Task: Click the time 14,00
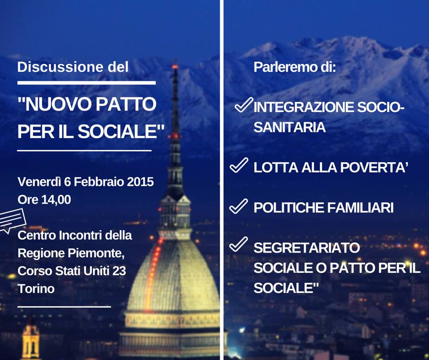pyautogui.click(x=56, y=200)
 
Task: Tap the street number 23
pyautogui.click(x=119, y=271)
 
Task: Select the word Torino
pyautogui.click(x=36, y=289)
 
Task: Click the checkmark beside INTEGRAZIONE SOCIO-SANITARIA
pyautogui.click(x=244, y=105)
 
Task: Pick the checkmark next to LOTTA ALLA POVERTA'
pyautogui.click(x=239, y=165)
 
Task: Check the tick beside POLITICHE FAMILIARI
pyautogui.click(x=239, y=206)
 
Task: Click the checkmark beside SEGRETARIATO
pyautogui.click(x=239, y=244)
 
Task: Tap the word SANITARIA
pyautogui.click(x=289, y=127)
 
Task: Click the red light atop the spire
pyautogui.click(x=175, y=67)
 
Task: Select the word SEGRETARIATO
pyautogui.click(x=306, y=248)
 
